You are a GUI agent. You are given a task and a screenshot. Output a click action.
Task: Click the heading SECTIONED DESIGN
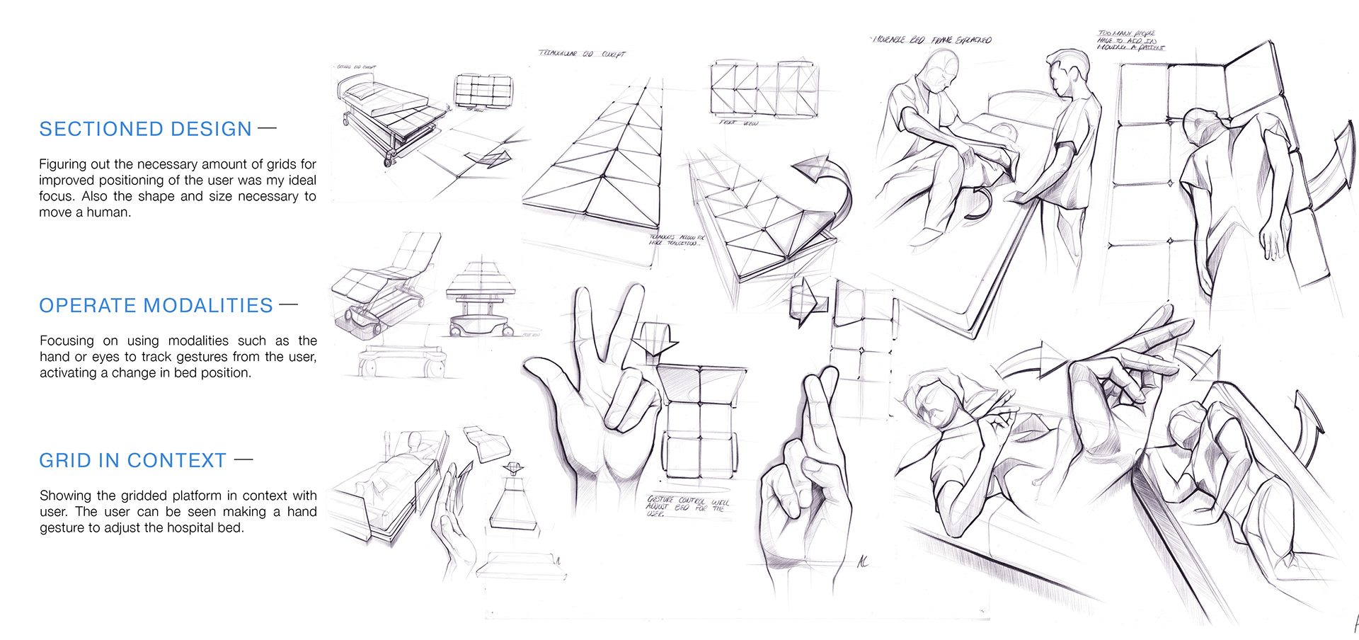[x=145, y=129]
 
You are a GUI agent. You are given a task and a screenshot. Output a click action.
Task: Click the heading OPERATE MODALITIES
[x=156, y=305]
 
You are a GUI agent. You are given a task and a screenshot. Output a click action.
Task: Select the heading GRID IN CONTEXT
[x=132, y=460]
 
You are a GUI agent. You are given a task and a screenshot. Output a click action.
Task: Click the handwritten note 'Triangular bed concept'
[x=582, y=54]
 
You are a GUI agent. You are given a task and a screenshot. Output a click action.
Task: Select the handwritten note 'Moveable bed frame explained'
[x=931, y=40]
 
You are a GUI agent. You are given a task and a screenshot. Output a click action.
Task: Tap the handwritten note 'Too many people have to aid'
[x=1130, y=40]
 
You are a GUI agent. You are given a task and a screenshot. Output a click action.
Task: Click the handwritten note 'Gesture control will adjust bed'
[x=687, y=505]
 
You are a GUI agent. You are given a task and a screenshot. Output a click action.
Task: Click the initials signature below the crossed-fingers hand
[x=863, y=561]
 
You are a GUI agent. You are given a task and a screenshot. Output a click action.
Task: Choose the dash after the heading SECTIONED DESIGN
[x=267, y=128]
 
